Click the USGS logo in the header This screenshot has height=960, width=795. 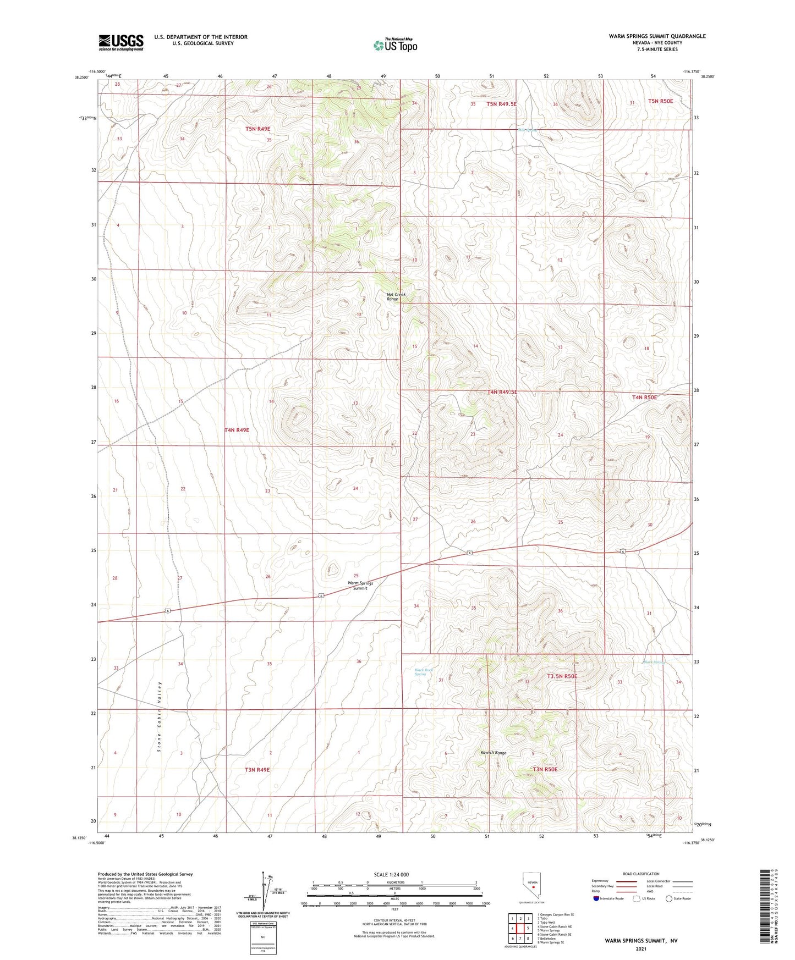121,42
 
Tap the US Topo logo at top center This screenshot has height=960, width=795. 394,45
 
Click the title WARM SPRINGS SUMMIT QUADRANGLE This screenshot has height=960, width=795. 657,36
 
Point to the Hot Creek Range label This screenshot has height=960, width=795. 396,297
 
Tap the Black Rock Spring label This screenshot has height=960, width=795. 424,672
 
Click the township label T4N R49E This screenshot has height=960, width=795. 237,430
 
